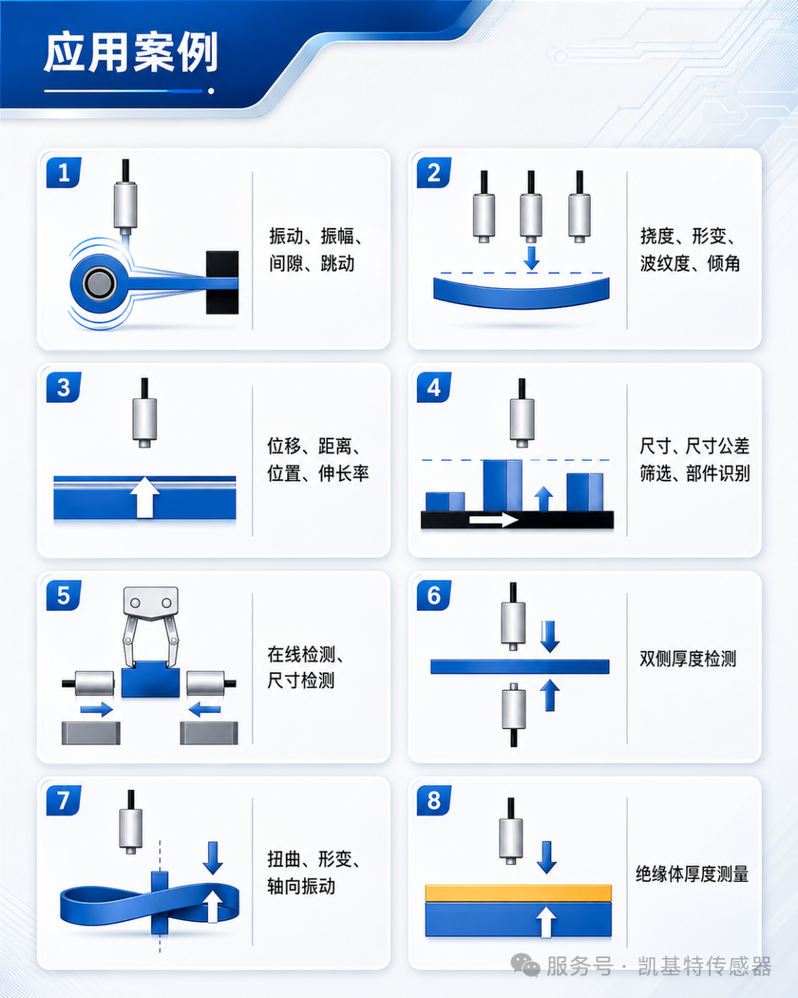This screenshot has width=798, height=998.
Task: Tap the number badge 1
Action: tap(64, 172)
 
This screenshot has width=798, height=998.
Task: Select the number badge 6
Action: tap(434, 595)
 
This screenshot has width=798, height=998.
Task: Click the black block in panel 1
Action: tap(222, 282)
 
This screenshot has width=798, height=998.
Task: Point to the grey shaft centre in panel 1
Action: tap(99, 283)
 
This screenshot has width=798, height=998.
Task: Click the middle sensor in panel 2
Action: tap(531, 206)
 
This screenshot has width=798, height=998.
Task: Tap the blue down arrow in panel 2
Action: tap(531, 258)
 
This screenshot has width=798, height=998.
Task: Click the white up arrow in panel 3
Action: tap(145, 497)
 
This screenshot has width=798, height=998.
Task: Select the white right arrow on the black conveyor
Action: tap(494, 520)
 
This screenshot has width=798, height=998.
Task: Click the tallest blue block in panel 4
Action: tap(502, 485)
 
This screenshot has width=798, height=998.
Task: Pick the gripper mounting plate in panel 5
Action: tap(151, 603)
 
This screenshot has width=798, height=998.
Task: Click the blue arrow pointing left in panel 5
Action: tap(205, 709)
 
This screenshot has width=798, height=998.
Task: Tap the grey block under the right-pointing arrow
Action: tap(91, 733)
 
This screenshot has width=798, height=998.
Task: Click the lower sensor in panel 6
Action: tap(514, 714)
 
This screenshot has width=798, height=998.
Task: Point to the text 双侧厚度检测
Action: tap(688, 659)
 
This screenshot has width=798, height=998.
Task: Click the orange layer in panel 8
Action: tap(519, 893)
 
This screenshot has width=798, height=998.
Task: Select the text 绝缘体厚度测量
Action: tap(692, 874)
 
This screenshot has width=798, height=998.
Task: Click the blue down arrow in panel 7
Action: tap(213, 858)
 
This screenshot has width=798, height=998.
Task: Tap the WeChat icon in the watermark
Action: tap(525, 965)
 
